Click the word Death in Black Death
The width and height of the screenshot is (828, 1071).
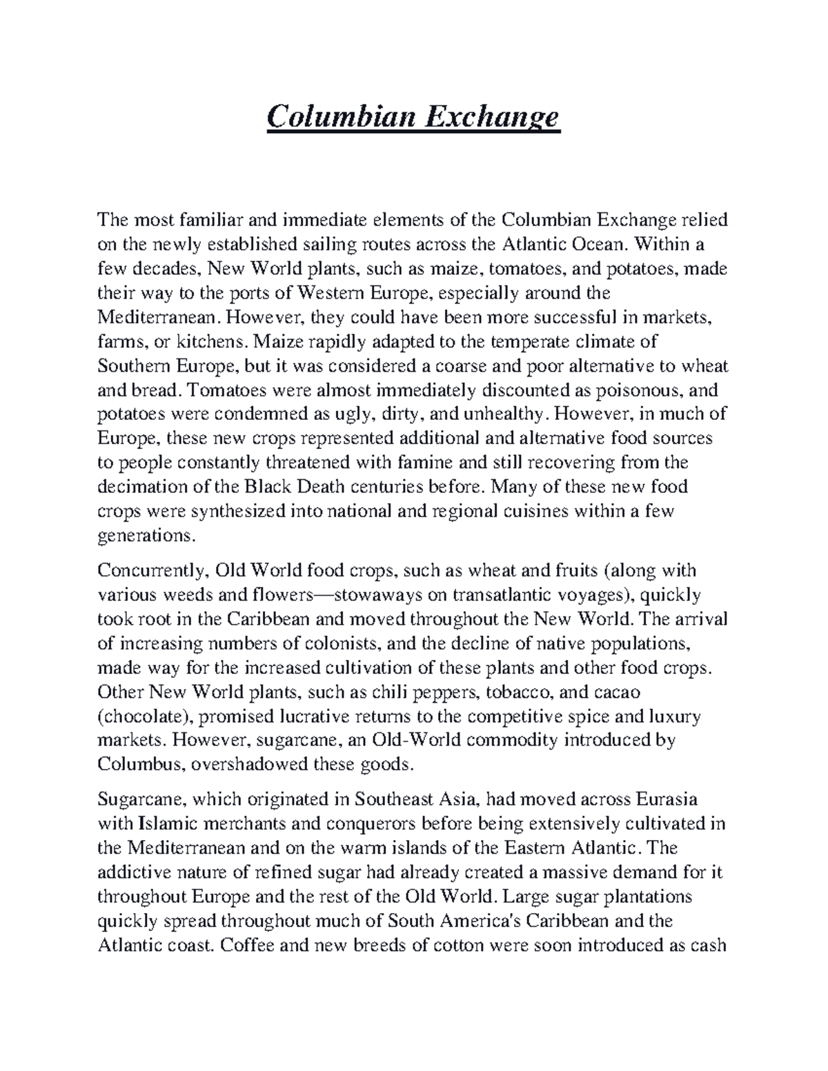(x=322, y=486)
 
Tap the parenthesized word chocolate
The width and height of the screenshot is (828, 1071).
(x=144, y=717)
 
